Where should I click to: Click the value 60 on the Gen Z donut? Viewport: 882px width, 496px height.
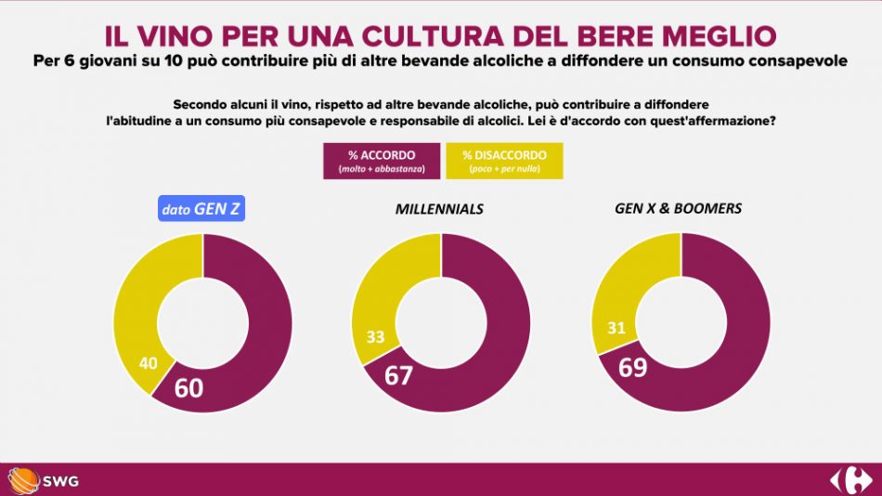click(x=188, y=387)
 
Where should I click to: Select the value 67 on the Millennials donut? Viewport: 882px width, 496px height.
click(x=400, y=376)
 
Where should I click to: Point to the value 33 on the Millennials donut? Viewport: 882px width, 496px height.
click(x=375, y=336)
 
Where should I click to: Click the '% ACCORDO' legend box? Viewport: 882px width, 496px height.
click(x=382, y=161)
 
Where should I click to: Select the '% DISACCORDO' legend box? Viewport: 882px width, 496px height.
click(x=505, y=161)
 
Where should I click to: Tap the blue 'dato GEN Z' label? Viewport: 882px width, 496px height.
click(x=201, y=209)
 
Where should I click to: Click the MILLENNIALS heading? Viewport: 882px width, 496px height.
click(x=439, y=209)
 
